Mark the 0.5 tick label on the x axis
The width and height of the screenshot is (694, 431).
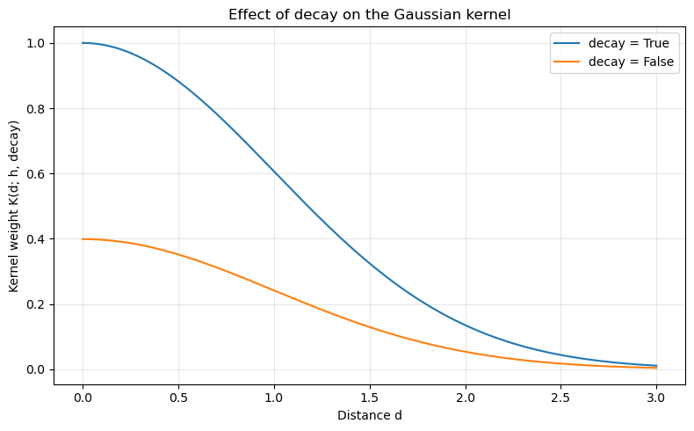(178, 395)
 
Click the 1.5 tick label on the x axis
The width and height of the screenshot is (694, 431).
(370, 395)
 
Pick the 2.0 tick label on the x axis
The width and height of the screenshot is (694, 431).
(466, 395)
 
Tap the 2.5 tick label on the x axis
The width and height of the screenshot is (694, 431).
(561, 395)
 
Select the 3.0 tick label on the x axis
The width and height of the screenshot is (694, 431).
(656, 395)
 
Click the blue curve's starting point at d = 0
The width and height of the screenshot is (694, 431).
(83, 43)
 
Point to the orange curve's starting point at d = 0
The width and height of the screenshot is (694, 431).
(83, 239)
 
